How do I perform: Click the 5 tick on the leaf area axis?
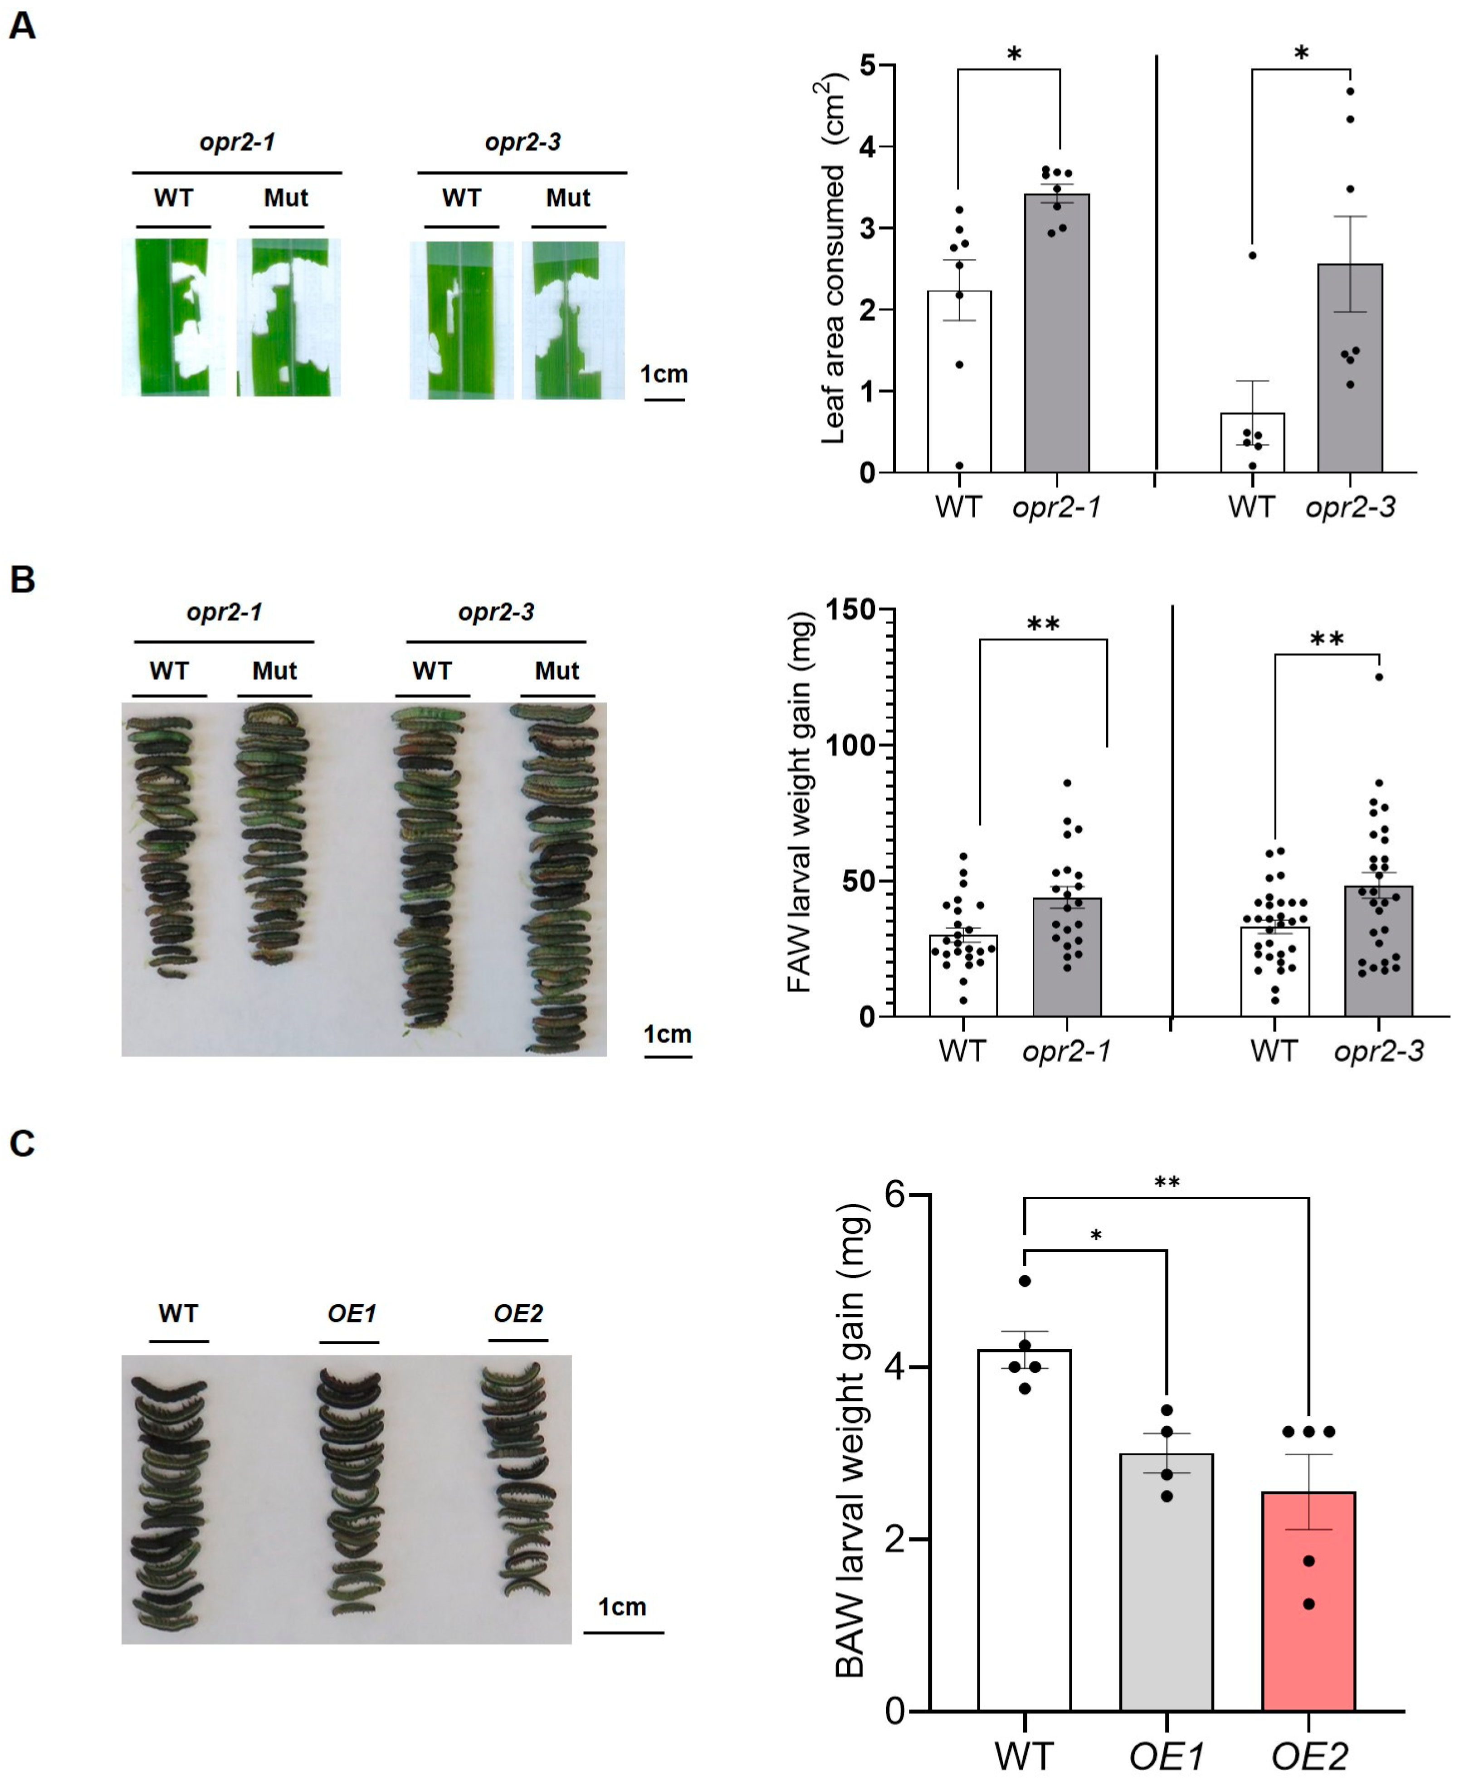(868, 66)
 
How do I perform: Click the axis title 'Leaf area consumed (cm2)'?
(832, 262)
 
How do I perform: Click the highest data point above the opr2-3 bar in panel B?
(1379, 677)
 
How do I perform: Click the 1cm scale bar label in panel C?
(622, 1607)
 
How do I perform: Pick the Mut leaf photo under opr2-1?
(288, 317)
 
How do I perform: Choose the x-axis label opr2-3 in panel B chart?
(1379, 1051)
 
